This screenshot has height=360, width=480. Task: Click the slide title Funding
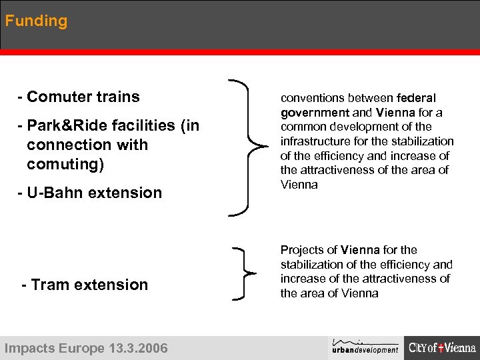(x=36, y=21)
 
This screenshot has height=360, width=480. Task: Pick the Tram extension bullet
(x=85, y=285)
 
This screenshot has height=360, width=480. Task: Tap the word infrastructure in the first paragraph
(x=313, y=141)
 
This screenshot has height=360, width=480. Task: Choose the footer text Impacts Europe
(x=54, y=348)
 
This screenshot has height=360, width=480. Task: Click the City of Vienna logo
(x=442, y=347)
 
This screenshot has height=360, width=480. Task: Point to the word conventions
(x=313, y=98)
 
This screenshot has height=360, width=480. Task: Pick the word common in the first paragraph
(x=303, y=127)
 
